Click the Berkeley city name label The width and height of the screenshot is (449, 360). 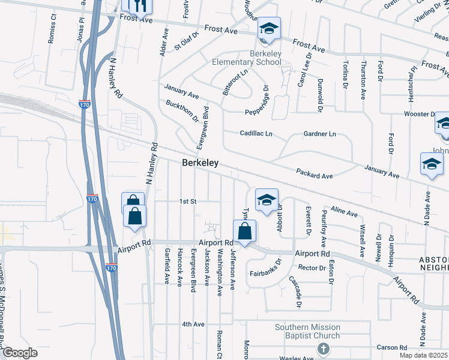[x=200, y=163]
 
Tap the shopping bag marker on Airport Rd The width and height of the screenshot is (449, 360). [x=244, y=231]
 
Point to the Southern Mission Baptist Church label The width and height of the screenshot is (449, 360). [x=307, y=332]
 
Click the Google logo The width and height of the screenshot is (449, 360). [x=19, y=353]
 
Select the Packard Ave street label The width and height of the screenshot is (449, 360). [x=314, y=173]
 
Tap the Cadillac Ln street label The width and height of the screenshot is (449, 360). [x=256, y=134]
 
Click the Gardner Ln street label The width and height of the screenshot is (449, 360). [x=319, y=134]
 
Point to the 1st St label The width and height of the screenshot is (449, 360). [x=188, y=202]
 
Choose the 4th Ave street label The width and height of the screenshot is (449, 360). [x=193, y=324]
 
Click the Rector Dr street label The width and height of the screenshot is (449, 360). [x=311, y=268]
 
